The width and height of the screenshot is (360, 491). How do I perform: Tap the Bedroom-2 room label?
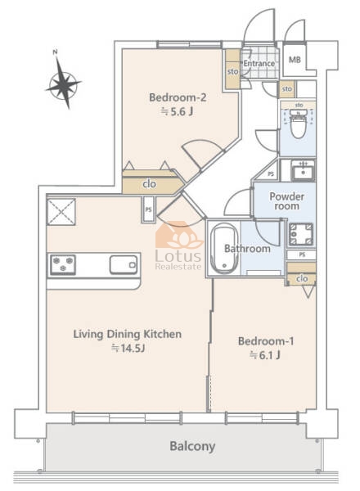click(x=178, y=97)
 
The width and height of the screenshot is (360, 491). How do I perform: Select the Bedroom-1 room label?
click(x=266, y=341)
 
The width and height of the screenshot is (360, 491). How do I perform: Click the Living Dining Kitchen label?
click(x=128, y=334)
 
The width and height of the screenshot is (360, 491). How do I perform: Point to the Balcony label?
click(x=192, y=446)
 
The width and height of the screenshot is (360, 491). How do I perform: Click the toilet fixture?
click(x=298, y=124)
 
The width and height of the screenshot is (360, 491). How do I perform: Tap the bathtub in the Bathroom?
click(x=224, y=249)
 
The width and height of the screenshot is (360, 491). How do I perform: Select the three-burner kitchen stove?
click(x=63, y=264)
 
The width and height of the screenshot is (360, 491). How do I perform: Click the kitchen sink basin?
click(x=124, y=264)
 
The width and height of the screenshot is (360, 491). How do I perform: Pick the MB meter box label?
click(x=295, y=60)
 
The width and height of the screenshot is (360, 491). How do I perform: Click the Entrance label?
click(x=259, y=63)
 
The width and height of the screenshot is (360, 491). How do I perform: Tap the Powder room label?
click(x=286, y=201)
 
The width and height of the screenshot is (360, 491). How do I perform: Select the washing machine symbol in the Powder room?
click(x=301, y=234)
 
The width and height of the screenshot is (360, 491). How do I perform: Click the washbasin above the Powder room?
click(x=303, y=171)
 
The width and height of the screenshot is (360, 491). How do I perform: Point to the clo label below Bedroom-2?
click(x=150, y=184)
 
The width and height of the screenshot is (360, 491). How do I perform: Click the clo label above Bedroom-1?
click(x=302, y=278)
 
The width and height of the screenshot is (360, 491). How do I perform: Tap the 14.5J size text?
click(x=128, y=348)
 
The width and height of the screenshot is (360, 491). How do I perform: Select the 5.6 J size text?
click(x=177, y=111)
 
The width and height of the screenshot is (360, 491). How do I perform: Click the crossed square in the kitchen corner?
click(x=61, y=212)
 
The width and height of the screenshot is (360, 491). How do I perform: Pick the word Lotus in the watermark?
click(x=178, y=256)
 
